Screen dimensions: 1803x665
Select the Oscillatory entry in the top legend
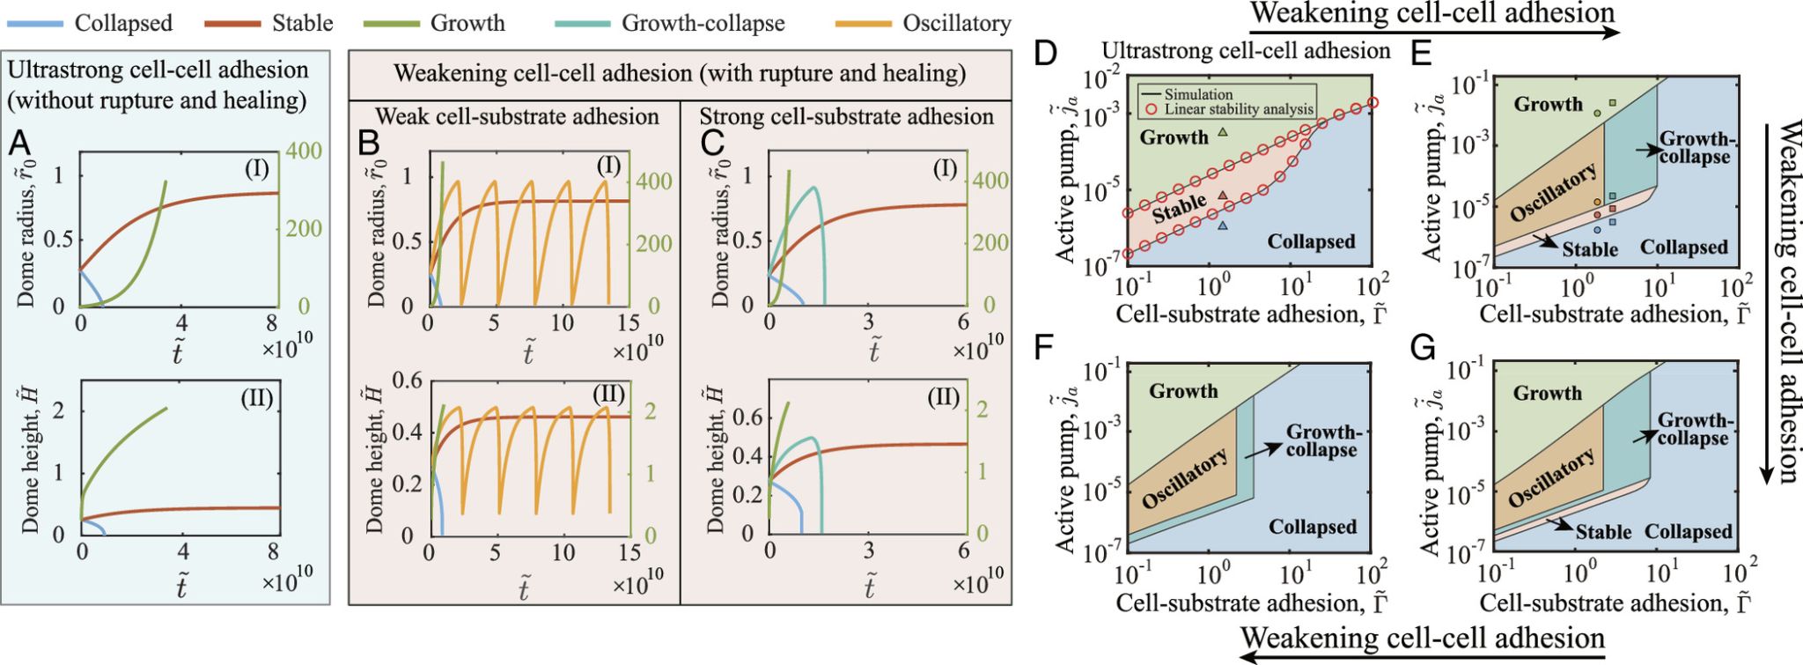click(x=924, y=23)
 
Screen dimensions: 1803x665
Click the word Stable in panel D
click(x=1179, y=209)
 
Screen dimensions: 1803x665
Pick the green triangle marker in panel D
click(x=1222, y=133)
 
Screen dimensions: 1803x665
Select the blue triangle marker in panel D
click(x=1222, y=225)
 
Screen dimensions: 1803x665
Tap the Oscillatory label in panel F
click(x=1185, y=478)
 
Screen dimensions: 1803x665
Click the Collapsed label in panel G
click(x=1688, y=532)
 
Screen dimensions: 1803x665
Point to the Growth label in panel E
click(x=1548, y=104)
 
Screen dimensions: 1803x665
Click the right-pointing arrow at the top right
click(x=1434, y=33)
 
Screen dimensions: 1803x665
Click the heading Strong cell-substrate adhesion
click(x=846, y=116)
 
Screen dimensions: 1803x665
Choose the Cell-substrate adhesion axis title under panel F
click(x=1252, y=602)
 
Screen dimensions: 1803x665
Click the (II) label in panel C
click(x=944, y=398)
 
